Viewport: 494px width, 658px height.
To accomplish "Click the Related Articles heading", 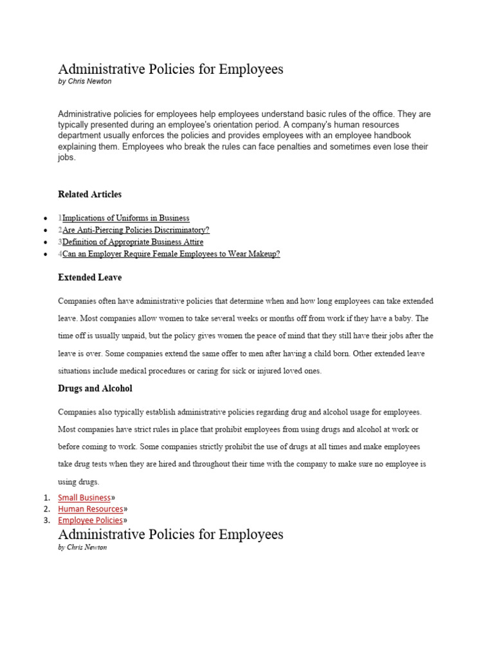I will point(89,194).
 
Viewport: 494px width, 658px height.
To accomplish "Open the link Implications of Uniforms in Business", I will point(125,218).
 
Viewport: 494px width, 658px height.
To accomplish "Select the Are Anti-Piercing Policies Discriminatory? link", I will point(136,230).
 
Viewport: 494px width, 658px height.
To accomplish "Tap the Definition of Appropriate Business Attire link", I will point(133,242).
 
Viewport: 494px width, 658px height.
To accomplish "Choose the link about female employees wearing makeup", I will point(171,254).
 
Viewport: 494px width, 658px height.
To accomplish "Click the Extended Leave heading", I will point(89,278).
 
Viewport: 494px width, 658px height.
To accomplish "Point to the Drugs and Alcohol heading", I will point(95,389).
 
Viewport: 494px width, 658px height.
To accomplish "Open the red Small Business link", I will point(84,497).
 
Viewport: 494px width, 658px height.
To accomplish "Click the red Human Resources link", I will point(90,509).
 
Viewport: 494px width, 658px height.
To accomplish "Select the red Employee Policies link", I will point(90,520).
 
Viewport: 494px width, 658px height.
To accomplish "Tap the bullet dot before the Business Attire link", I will point(45,242).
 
